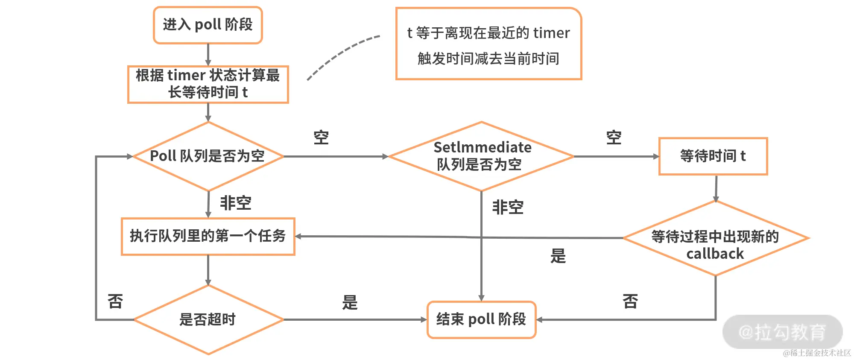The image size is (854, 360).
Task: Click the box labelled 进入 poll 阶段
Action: pos(208,25)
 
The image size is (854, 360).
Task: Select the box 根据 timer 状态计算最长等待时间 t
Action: pos(208,84)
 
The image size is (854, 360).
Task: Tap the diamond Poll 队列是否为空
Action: pos(208,156)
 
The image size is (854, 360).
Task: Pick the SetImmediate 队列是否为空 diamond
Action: pos(481,156)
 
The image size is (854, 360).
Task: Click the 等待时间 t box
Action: pos(713,156)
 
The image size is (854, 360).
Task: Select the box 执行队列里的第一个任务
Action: pos(208,236)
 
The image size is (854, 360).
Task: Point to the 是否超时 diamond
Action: pos(208,319)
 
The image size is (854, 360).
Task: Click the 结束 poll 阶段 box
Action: pos(481,319)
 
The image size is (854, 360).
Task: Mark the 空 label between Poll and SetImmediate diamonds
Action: pos(321,138)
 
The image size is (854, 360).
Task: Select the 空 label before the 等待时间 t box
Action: pos(614,138)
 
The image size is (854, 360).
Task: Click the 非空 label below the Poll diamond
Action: pos(235,203)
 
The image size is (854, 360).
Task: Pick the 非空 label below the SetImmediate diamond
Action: pos(508,207)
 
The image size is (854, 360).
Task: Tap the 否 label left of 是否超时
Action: pos(115,301)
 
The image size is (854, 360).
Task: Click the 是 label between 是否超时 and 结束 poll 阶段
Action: pos(350,302)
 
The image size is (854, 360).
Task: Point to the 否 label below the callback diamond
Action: pos(630,301)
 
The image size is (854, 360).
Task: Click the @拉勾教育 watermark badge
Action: pos(782,332)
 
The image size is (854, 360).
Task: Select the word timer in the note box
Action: pos(551,33)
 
